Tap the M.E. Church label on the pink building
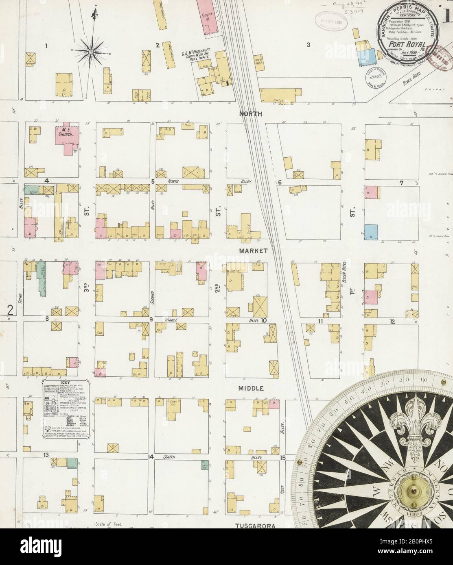64,133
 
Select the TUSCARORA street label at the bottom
255,526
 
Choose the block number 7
401,183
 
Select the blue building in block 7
371,232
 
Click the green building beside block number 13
72,463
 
